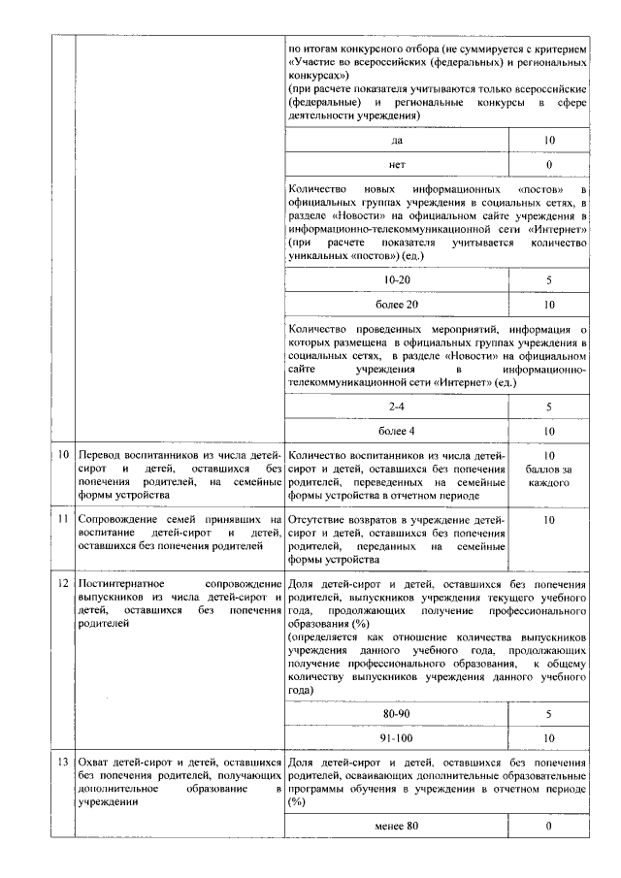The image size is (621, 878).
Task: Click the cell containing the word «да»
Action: (397, 141)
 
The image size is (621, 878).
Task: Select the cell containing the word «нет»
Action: (397, 166)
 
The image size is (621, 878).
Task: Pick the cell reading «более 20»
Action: (397, 305)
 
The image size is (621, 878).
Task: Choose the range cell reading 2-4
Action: (397, 406)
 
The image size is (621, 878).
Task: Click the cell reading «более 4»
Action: (397, 431)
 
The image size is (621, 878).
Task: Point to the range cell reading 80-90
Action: (397, 714)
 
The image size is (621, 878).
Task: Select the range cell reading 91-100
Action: (397, 738)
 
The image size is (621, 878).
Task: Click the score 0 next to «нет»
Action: (549, 166)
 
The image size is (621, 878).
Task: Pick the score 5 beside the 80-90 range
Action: (549, 714)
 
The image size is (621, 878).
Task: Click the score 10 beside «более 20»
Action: (549, 305)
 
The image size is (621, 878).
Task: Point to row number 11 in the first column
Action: (63, 521)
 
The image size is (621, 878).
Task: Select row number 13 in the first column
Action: (63, 763)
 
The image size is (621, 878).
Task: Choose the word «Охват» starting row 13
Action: (95, 763)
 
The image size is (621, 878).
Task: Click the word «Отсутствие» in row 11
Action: (321, 521)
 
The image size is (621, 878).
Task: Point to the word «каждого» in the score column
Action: (549, 482)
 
